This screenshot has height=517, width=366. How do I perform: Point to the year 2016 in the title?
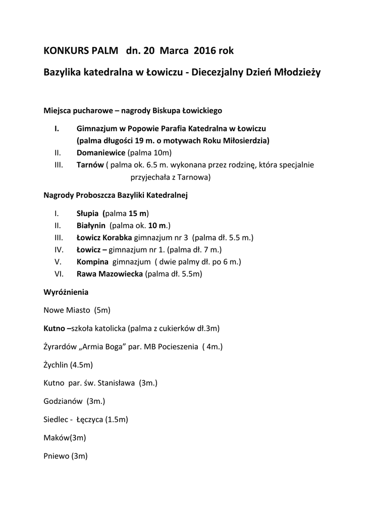point(204,51)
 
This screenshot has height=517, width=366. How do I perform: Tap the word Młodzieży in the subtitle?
point(295,73)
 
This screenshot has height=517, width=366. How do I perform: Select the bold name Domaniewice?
point(101,152)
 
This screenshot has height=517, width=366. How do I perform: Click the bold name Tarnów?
point(90,165)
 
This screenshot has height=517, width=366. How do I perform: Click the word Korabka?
point(117,237)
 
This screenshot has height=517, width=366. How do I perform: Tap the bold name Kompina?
point(93,262)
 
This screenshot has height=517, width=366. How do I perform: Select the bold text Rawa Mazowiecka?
point(110,274)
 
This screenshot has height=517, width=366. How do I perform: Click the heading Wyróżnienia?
point(66,292)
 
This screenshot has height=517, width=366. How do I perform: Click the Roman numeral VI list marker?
point(58,274)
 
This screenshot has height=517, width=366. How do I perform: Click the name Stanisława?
point(116,383)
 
